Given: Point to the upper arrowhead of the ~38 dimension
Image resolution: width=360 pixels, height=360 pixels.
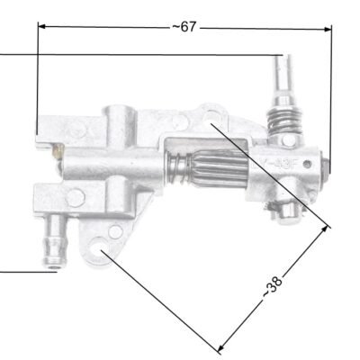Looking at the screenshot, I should [326, 228].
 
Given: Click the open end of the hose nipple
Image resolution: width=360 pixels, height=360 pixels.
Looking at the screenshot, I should [57, 263].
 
